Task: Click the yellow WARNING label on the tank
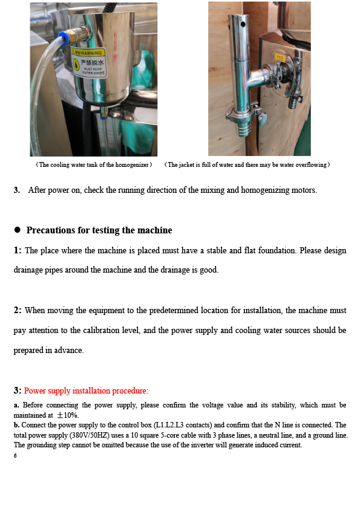[x=89, y=63]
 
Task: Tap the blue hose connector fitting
[x=64, y=37]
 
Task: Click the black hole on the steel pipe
[x=243, y=24]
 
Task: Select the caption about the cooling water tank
[x=94, y=165]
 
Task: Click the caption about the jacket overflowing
[x=247, y=165]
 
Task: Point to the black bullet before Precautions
[x=17, y=230]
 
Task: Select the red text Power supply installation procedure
[x=86, y=391]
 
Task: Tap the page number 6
[x=15, y=456]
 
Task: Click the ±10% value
[x=68, y=415]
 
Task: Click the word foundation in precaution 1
[x=277, y=251]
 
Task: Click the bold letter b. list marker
[x=16, y=425]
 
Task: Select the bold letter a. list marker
[x=16, y=405]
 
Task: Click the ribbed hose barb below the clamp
[x=244, y=128]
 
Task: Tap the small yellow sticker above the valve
[x=280, y=58]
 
